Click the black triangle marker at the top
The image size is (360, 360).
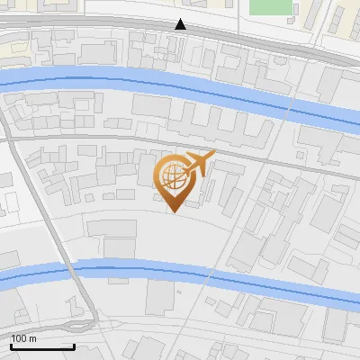pyautogui.click(x=181, y=24)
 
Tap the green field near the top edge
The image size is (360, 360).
pyautogui.click(x=272, y=6)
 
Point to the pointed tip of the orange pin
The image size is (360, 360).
pyautogui.click(x=174, y=212)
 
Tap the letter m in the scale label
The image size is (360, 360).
pyautogui.click(x=34, y=338)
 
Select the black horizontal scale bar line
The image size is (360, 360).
pyautogui.click(x=42, y=346)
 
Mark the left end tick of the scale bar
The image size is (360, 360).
pyautogui.click(x=12, y=345)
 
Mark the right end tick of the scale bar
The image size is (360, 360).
pyautogui.click(x=73, y=345)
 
